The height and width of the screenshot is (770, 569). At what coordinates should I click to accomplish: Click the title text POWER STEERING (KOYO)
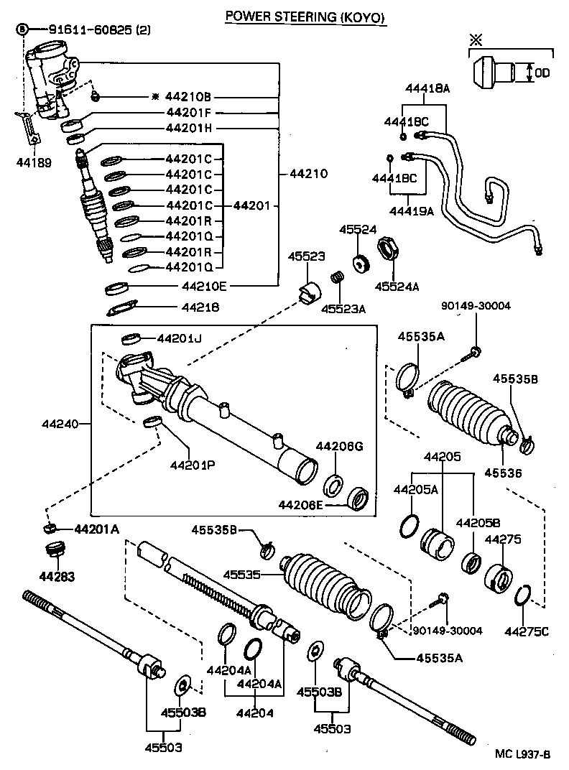(x=305, y=16)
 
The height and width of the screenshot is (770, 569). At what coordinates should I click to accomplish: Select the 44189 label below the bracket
(x=34, y=163)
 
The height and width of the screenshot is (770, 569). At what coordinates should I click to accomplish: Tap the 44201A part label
(x=96, y=529)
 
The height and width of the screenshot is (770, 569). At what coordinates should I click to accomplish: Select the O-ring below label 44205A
(x=409, y=525)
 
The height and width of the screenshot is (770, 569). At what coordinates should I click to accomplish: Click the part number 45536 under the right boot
(x=502, y=473)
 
